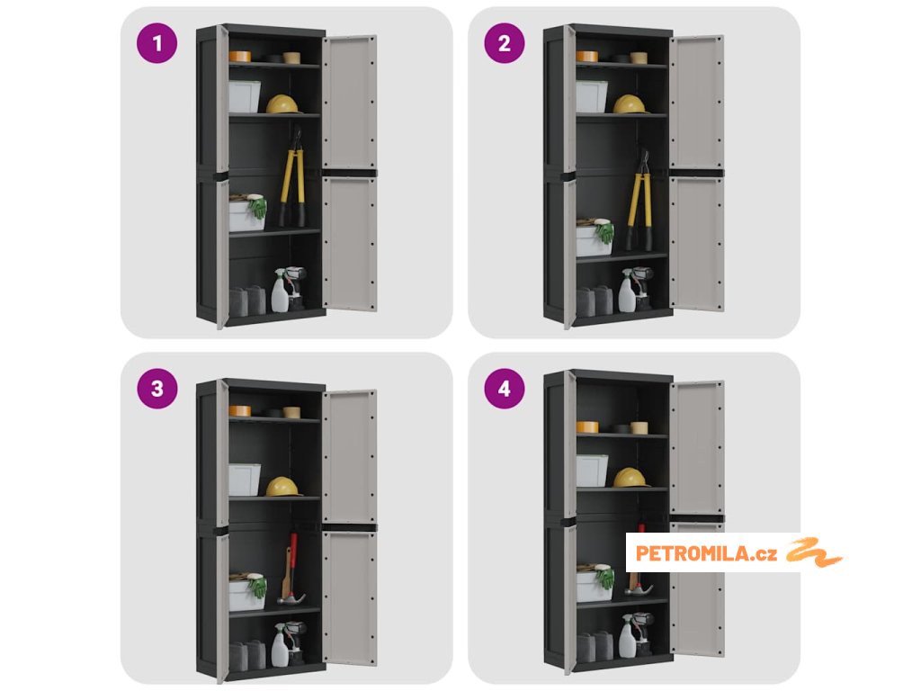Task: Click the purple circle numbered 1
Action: [156, 43]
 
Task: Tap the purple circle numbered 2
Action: [505, 43]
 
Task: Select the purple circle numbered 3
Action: [156, 389]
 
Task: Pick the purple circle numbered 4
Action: [505, 389]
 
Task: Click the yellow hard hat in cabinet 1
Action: [282, 104]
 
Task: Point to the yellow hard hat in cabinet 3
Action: [282, 487]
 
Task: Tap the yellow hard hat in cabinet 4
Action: [630, 478]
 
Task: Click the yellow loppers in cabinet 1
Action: [292, 179]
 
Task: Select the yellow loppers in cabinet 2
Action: [639, 202]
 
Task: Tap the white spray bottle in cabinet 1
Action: [281, 292]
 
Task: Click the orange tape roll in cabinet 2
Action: [586, 57]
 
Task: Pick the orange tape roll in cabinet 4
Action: [586, 427]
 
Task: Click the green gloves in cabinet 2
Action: [604, 231]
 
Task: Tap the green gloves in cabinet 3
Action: [257, 587]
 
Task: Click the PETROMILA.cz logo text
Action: [707, 553]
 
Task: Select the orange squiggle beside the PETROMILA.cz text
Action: [815, 552]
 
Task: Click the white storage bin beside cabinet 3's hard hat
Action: [245, 480]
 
